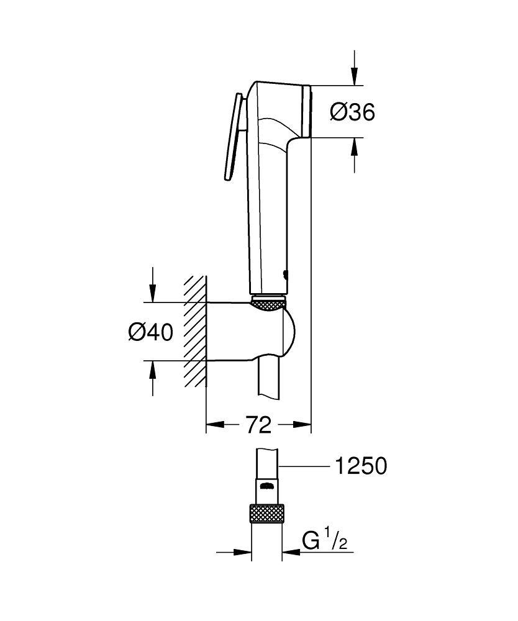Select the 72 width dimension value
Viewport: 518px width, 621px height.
pyautogui.click(x=258, y=425)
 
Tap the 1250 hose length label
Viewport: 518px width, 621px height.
pyautogui.click(x=360, y=466)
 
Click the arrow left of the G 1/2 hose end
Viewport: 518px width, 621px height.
pyautogui.click(x=242, y=551)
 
